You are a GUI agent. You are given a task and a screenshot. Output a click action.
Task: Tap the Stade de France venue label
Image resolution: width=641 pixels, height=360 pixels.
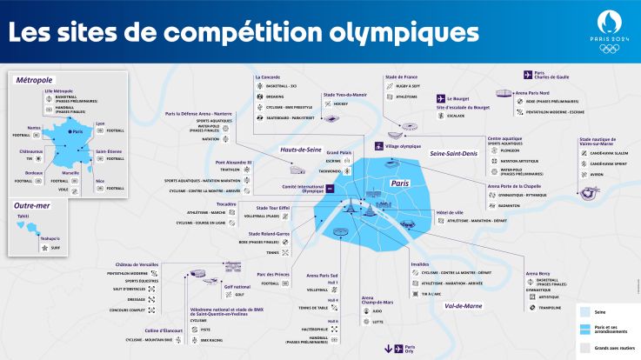[402, 77]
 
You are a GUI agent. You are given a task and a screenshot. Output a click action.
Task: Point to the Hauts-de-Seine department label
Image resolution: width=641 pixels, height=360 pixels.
[300, 150]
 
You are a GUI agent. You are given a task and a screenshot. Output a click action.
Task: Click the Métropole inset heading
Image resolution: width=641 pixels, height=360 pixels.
[34, 79]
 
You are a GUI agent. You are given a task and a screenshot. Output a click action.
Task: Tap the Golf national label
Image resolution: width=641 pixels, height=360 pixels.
[237, 285]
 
